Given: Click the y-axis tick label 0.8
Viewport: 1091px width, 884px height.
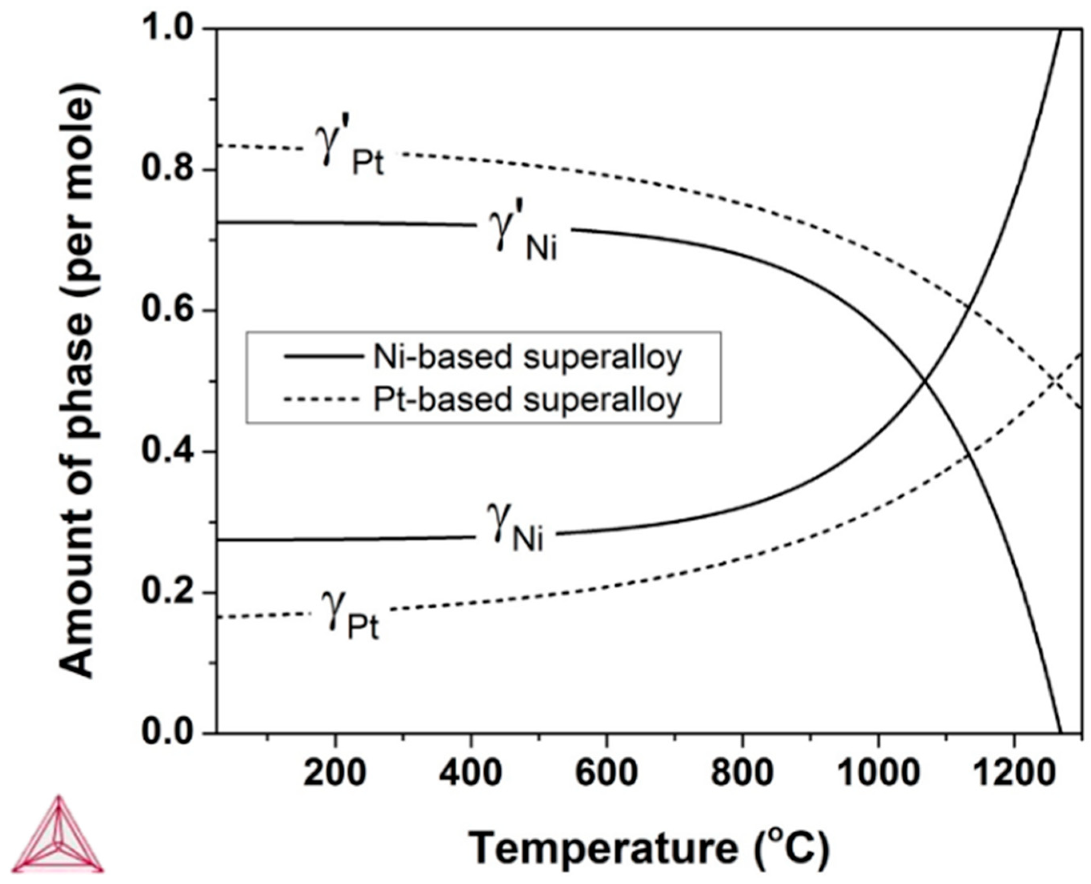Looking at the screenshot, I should tap(168, 170).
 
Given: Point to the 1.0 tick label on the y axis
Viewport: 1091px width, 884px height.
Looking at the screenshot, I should tap(168, 30).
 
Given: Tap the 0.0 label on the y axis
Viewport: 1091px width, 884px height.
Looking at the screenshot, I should tap(168, 733).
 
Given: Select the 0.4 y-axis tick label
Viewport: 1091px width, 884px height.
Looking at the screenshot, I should tap(168, 452).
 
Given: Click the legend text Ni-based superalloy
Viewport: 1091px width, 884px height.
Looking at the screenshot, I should tap(527, 358).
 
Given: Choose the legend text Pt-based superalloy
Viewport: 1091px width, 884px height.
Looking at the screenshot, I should tap(527, 400).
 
